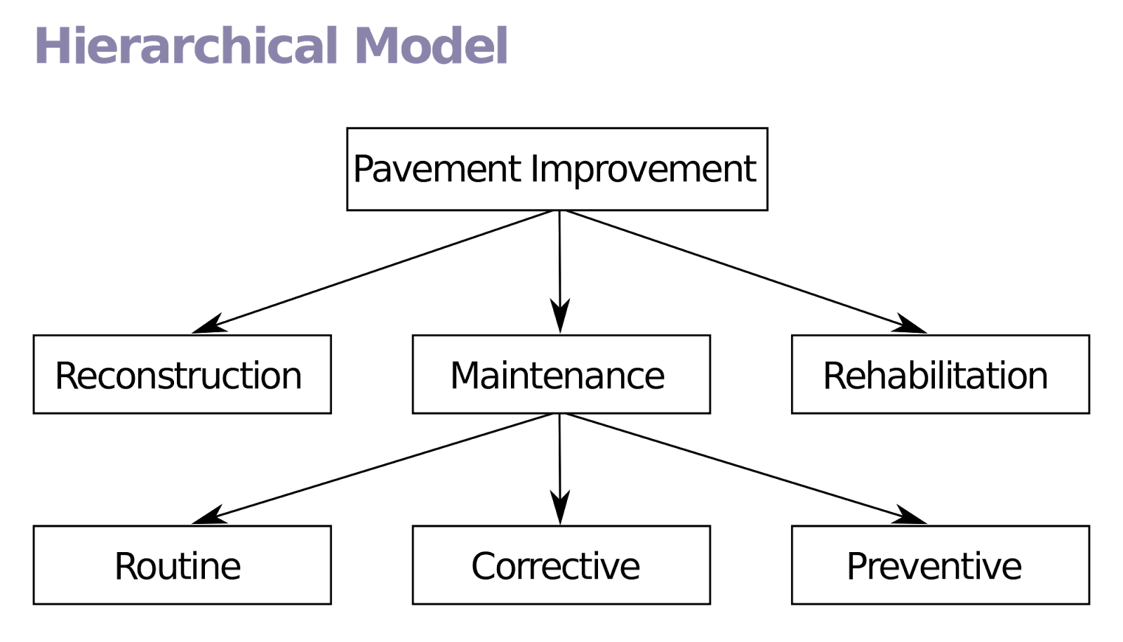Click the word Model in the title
tap(431, 46)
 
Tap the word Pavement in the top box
tap(437, 169)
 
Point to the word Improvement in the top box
tap(643, 169)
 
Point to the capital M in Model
tap(377, 46)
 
